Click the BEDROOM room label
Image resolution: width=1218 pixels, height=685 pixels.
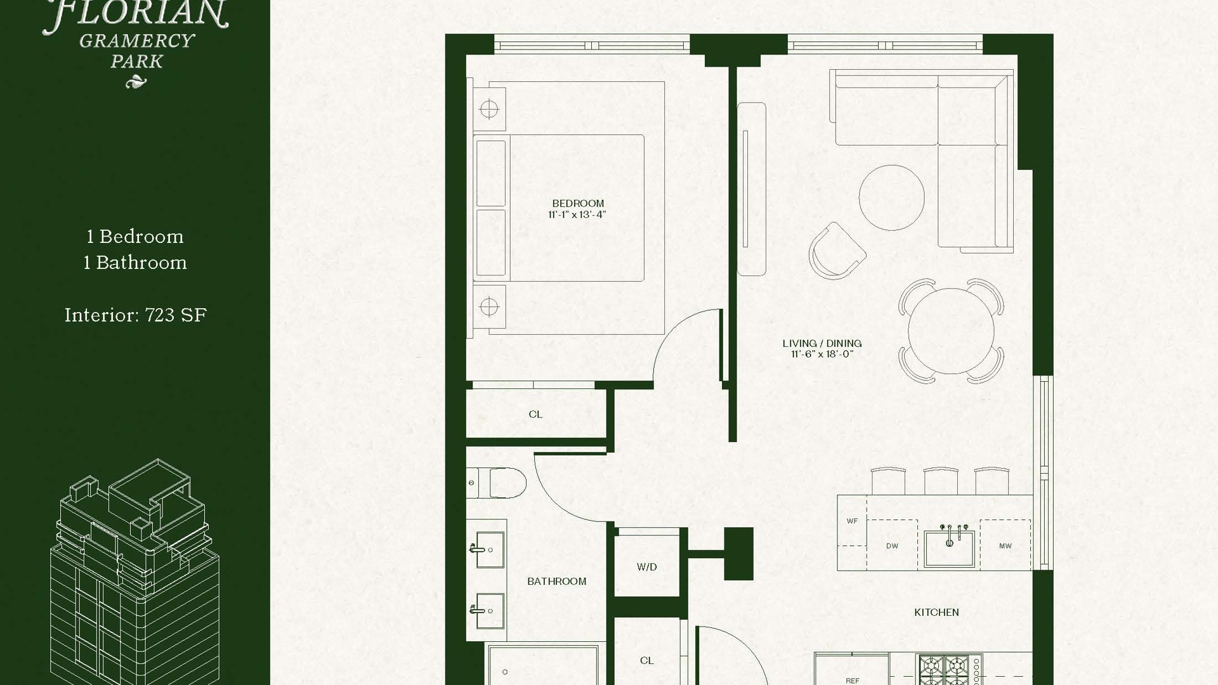[x=578, y=204]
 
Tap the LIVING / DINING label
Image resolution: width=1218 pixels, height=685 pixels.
[x=822, y=343]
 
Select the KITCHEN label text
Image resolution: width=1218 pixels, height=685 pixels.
[x=936, y=612]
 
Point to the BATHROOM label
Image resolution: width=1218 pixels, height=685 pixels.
[x=556, y=581]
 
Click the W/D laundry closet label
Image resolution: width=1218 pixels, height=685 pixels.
[x=647, y=567]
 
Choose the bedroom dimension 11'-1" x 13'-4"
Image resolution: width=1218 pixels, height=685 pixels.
[x=577, y=214]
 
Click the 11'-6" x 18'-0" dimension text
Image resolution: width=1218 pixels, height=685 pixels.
[x=822, y=354]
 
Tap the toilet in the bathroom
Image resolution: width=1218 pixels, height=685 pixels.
[x=496, y=483]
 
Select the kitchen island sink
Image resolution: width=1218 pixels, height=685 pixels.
[x=949, y=547]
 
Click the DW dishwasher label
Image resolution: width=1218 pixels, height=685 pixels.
[x=892, y=546]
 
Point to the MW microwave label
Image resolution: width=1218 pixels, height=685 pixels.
[x=1005, y=546]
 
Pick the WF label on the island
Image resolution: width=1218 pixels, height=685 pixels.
[x=852, y=521]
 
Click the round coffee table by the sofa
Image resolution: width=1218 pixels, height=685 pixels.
[x=891, y=198]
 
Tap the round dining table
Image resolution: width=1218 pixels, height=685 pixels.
[x=951, y=330]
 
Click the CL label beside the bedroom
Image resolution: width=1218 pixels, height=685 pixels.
[x=535, y=414]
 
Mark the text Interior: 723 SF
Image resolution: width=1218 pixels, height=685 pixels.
[x=136, y=315]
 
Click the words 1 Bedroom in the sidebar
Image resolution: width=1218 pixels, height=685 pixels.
[x=135, y=237]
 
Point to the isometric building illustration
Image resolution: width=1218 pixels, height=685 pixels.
[x=135, y=571]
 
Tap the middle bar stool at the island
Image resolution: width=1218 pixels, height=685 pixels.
[x=940, y=481]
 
